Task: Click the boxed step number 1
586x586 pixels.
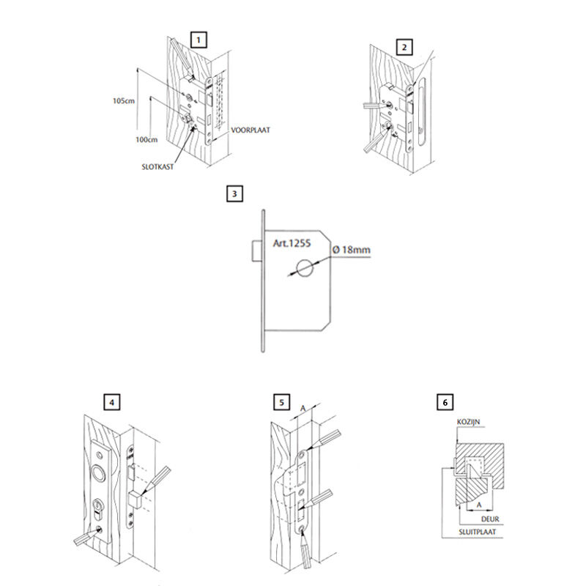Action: tap(199, 40)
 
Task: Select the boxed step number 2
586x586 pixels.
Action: tap(404, 48)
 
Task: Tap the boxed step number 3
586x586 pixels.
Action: tap(234, 193)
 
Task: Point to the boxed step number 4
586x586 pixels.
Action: tap(112, 402)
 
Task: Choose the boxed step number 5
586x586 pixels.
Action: tap(281, 402)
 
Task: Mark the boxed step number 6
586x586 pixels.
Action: tap(445, 402)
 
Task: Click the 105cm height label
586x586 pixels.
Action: tap(124, 101)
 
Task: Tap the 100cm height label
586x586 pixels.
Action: tap(146, 140)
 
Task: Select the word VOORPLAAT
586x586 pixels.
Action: tap(251, 130)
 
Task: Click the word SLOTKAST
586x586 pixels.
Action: tap(157, 167)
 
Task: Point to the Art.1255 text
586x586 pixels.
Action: tap(292, 243)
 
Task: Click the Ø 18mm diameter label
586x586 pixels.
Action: tap(352, 250)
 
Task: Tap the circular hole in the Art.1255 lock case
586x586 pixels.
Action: tap(305, 269)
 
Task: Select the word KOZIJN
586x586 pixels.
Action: tap(468, 422)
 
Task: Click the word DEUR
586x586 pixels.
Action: tap(490, 519)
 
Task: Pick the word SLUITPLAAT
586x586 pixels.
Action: tap(478, 532)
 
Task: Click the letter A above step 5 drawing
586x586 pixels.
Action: tap(303, 409)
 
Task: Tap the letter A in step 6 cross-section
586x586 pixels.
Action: tap(479, 505)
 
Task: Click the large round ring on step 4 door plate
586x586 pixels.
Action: tap(100, 472)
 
